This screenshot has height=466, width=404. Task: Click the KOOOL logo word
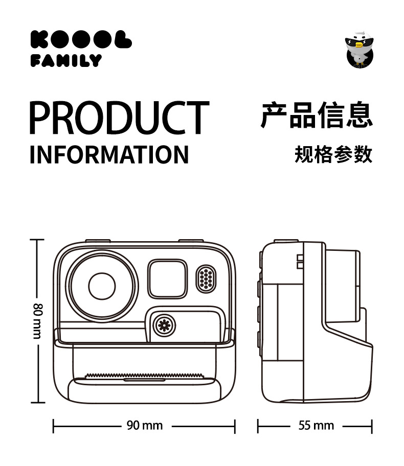[81, 40]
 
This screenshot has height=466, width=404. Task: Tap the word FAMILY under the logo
[66, 61]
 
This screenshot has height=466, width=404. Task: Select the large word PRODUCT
[119, 118]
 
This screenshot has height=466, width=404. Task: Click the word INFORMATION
[109, 154]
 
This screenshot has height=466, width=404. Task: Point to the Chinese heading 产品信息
[317, 115]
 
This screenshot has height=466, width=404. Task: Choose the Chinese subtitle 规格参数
[333, 154]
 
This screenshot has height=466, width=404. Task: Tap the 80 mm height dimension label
[37, 321]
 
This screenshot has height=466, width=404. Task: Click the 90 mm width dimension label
[145, 425]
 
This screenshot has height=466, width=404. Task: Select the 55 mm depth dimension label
[316, 425]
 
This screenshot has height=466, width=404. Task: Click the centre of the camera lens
[102, 287]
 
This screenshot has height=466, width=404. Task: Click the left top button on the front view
[97, 241]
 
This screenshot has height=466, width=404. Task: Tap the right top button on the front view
[191, 241]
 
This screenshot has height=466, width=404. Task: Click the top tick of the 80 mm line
[37, 240]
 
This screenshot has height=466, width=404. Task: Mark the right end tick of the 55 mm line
[372, 426]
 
